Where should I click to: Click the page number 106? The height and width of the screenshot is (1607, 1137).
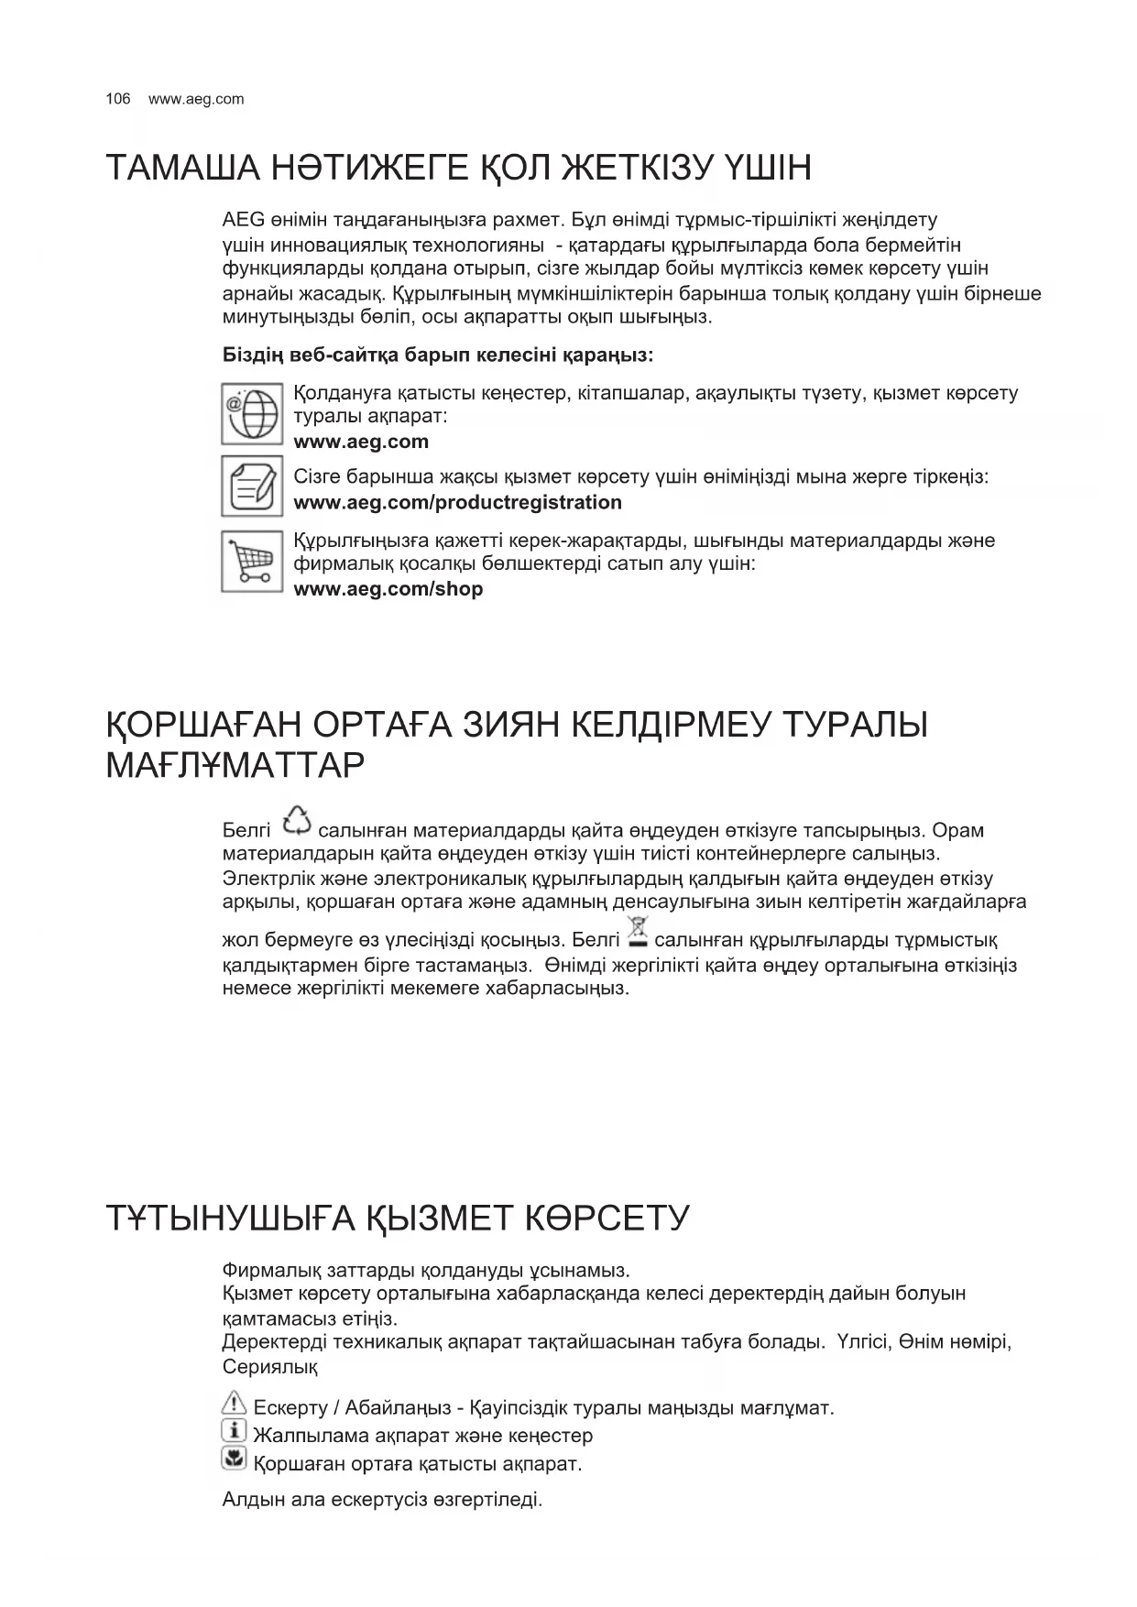click(118, 99)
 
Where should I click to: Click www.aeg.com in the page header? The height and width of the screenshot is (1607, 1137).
click(196, 99)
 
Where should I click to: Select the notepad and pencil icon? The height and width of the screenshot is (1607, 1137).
click(251, 486)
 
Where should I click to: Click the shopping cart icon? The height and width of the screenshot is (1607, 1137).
click(251, 561)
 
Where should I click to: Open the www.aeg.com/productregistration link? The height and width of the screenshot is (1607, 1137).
click(457, 502)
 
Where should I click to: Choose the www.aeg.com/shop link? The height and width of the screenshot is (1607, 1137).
click(388, 589)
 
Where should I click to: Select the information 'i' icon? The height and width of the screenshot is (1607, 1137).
click(235, 1431)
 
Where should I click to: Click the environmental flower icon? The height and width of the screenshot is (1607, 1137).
click(235, 1459)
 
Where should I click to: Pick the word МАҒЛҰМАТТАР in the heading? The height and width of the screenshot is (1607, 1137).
click(235, 765)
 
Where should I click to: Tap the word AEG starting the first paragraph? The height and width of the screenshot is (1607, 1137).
click(243, 220)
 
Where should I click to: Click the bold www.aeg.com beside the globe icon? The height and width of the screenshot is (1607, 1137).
click(361, 442)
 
